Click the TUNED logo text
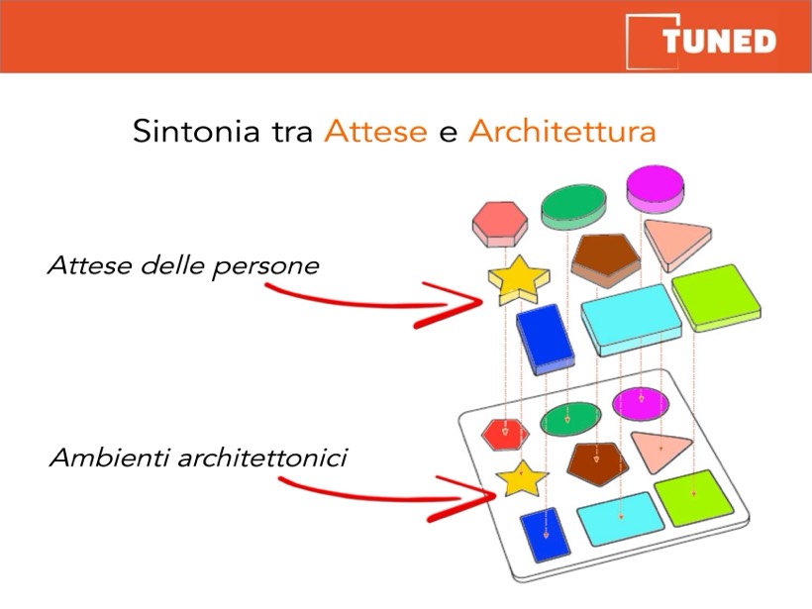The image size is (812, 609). [x=719, y=41]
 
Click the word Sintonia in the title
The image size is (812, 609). [x=196, y=131]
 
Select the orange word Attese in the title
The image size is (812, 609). [x=375, y=131]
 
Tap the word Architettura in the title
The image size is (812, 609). [x=562, y=131]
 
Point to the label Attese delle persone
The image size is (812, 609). [x=183, y=266]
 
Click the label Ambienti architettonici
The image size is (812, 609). [x=198, y=457]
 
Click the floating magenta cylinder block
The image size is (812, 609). [x=656, y=189]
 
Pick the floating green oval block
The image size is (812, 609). [x=573, y=207]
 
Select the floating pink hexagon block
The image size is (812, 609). [x=500, y=224]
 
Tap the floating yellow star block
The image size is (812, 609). [x=518, y=280]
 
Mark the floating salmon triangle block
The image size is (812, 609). [x=675, y=244]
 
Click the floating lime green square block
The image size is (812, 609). [x=717, y=298]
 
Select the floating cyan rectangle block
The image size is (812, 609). [x=631, y=320]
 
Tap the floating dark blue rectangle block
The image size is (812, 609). [x=546, y=340]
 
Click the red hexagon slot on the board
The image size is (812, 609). [x=505, y=433]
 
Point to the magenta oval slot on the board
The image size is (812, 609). [x=641, y=403]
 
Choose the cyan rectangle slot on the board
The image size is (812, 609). [x=621, y=519]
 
